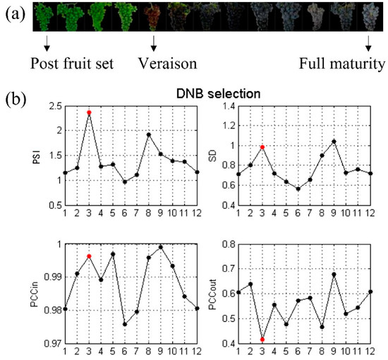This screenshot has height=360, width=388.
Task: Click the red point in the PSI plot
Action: click(x=89, y=112)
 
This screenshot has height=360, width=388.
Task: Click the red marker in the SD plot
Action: click(x=261, y=147)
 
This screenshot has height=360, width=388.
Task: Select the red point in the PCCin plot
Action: click(x=89, y=256)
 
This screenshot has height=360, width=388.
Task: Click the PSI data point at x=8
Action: click(x=149, y=134)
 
